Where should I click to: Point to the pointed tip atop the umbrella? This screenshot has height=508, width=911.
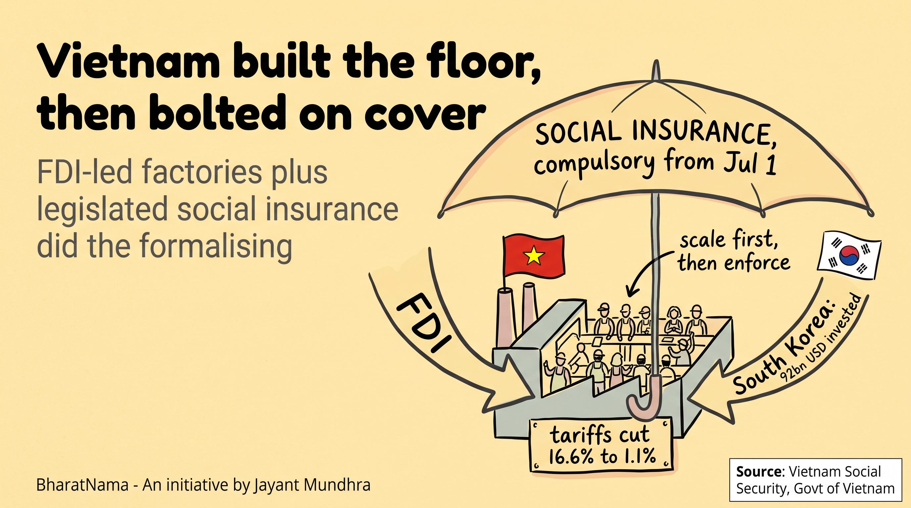(x=656, y=62)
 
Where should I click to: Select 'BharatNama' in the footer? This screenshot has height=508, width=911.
(x=82, y=485)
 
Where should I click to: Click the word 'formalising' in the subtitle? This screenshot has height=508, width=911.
(x=216, y=246)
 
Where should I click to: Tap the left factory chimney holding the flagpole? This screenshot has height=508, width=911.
(x=506, y=317)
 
